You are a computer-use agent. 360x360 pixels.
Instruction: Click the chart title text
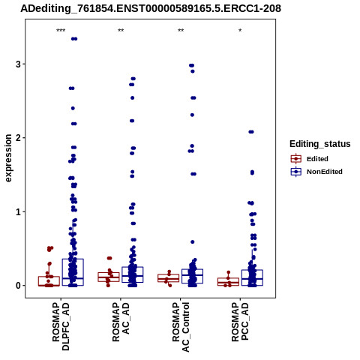[151, 8]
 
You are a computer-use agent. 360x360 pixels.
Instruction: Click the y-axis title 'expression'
[8, 158]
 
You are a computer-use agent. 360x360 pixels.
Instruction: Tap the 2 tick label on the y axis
[18, 138]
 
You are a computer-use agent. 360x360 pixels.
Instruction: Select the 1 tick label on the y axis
[18, 212]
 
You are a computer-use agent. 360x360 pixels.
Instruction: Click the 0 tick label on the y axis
[18, 286]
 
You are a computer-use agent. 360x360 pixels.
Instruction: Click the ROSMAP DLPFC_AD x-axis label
[61, 326]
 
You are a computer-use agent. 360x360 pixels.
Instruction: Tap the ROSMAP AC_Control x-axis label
[181, 327]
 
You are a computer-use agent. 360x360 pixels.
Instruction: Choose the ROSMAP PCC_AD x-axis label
[240, 322]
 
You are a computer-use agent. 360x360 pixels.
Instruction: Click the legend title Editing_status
[320, 144]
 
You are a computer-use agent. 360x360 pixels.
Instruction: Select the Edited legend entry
[310, 159]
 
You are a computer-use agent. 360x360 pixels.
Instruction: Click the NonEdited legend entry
[316, 172]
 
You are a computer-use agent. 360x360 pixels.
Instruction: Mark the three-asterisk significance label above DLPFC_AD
[61, 31]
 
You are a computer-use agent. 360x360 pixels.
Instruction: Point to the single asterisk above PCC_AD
[240, 31]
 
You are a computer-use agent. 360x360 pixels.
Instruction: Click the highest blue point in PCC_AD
[251, 132]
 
